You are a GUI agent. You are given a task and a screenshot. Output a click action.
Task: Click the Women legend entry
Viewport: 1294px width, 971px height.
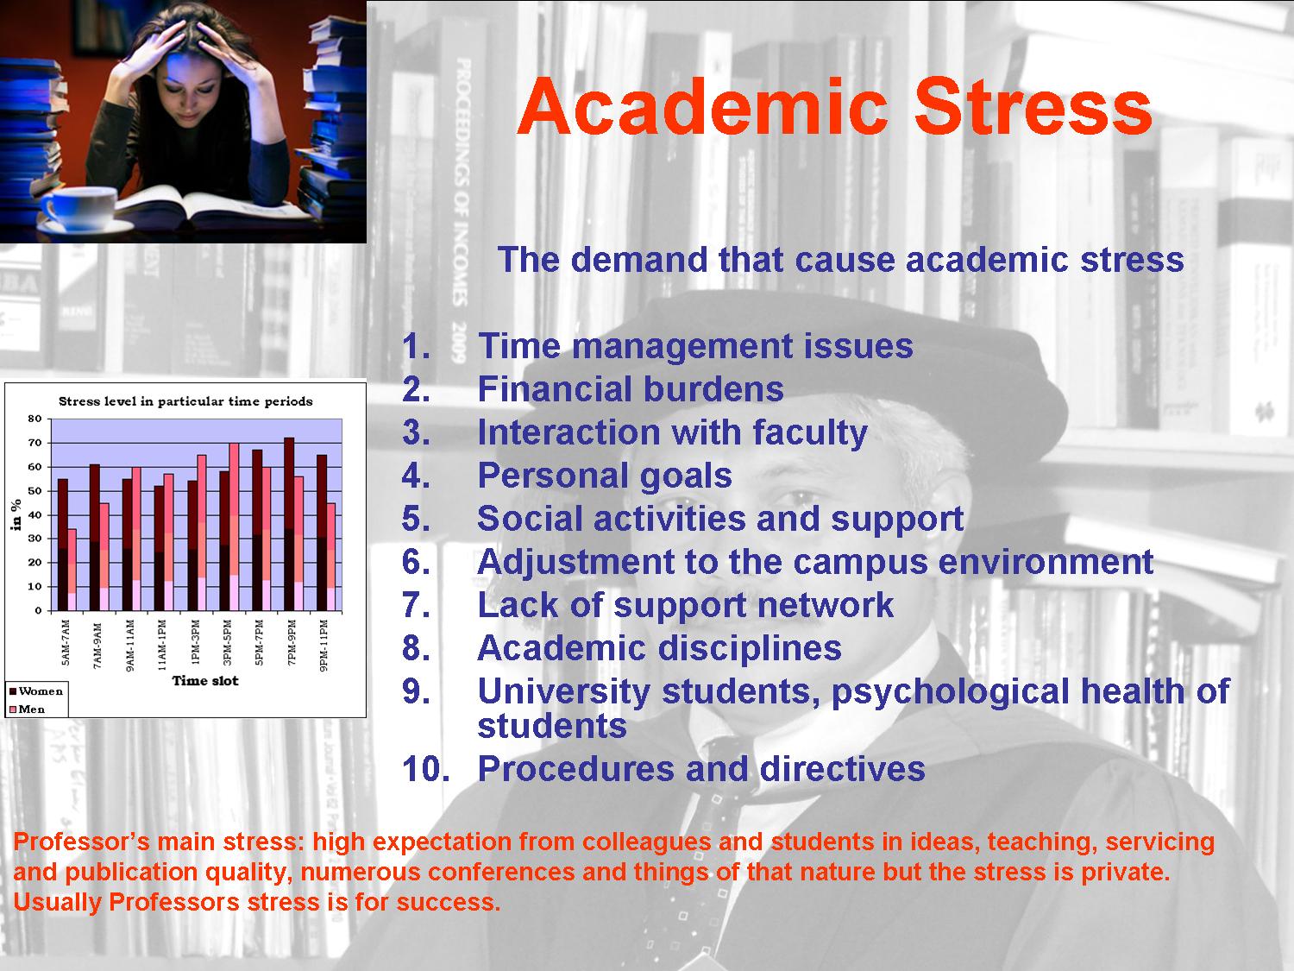[36, 691]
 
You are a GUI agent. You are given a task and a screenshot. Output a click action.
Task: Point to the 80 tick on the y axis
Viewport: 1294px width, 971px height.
[35, 419]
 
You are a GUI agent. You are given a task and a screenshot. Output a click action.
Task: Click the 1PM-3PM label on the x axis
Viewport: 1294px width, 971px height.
[196, 642]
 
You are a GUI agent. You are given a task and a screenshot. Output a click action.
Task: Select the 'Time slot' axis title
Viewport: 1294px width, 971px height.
[205, 680]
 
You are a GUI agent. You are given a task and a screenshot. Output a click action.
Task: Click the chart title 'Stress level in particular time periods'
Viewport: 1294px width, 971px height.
[185, 401]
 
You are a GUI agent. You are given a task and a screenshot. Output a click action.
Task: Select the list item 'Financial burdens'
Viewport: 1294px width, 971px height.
[630, 389]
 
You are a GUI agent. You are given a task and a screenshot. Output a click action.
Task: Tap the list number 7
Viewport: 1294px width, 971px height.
[416, 605]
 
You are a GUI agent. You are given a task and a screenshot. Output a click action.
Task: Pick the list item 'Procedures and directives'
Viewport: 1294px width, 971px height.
[701, 769]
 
